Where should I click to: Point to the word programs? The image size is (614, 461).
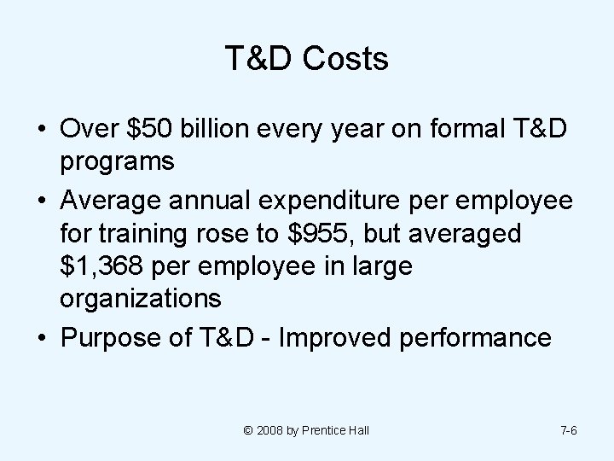pyautogui.click(x=118, y=161)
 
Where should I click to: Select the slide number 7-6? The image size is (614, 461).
pyautogui.click(x=568, y=430)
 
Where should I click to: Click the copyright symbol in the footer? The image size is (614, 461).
pyautogui.click(x=248, y=430)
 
